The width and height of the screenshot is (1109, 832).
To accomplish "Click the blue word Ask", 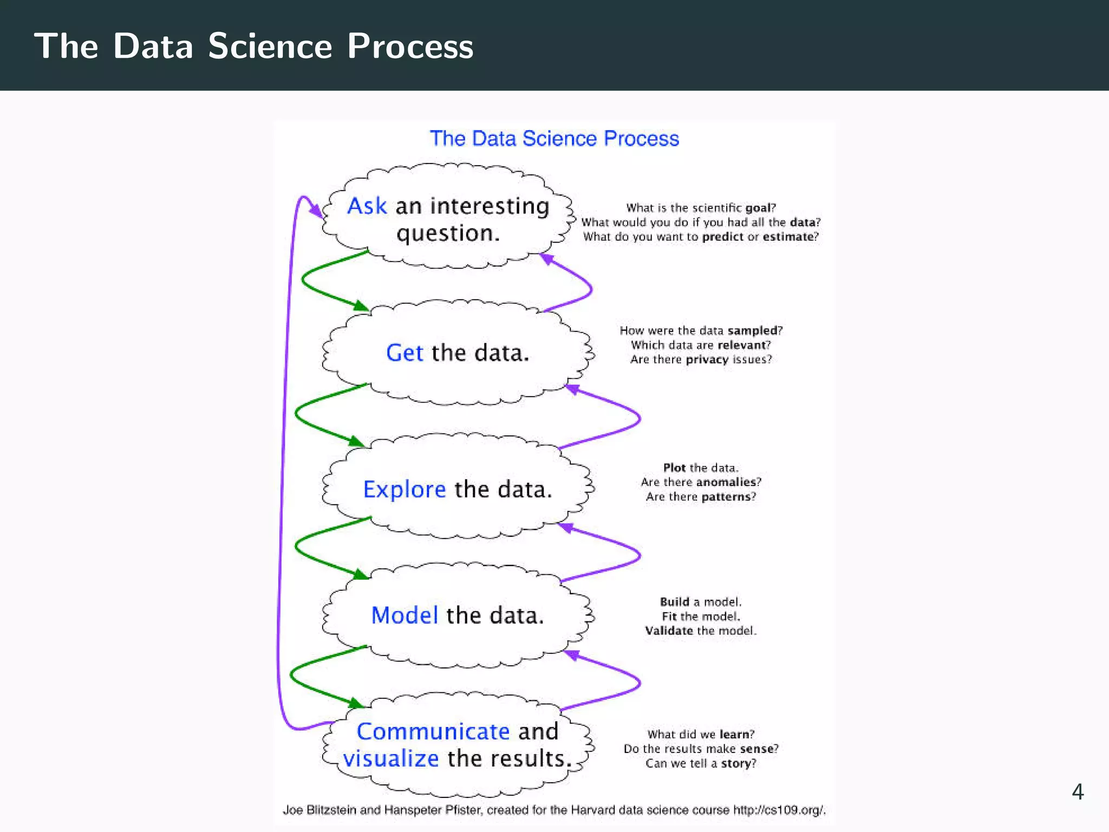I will [367, 206].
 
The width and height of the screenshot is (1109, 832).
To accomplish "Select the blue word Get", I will [404, 353].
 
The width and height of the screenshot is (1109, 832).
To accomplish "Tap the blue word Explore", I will [404, 490].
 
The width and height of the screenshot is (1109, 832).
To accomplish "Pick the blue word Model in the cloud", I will [404, 615].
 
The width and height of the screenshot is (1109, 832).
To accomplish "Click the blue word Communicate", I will [433, 732].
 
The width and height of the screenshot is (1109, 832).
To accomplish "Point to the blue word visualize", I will [390, 759].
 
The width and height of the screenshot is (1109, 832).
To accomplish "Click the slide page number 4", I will [1077, 792].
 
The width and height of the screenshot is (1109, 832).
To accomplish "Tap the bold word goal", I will [758, 208].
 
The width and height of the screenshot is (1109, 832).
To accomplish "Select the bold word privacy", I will [707, 360].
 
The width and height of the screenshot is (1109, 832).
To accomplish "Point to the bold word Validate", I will [669, 630].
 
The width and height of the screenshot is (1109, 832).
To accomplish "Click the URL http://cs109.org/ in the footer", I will [779, 810].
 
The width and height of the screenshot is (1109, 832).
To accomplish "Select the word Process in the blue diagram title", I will [641, 139].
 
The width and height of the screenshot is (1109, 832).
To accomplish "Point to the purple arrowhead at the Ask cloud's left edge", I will [316, 211].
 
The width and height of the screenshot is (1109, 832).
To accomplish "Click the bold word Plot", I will [674, 467].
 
